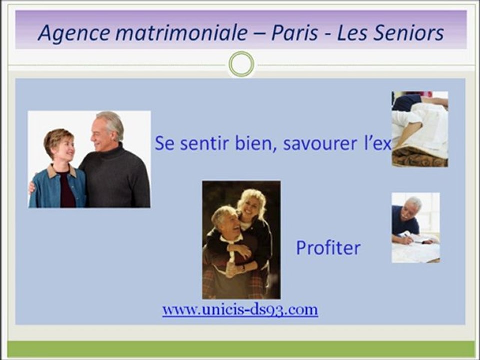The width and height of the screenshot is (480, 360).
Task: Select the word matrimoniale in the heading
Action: [x=181, y=33]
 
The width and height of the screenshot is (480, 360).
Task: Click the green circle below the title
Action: [x=241, y=64]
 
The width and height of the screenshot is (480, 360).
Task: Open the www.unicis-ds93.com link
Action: [x=240, y=309]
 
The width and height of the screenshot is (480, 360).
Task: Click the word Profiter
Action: [x=328, y=248]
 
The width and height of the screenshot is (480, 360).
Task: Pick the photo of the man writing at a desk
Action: [x=416, y=227]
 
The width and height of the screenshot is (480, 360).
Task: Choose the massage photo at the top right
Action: [x=420, y=129]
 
